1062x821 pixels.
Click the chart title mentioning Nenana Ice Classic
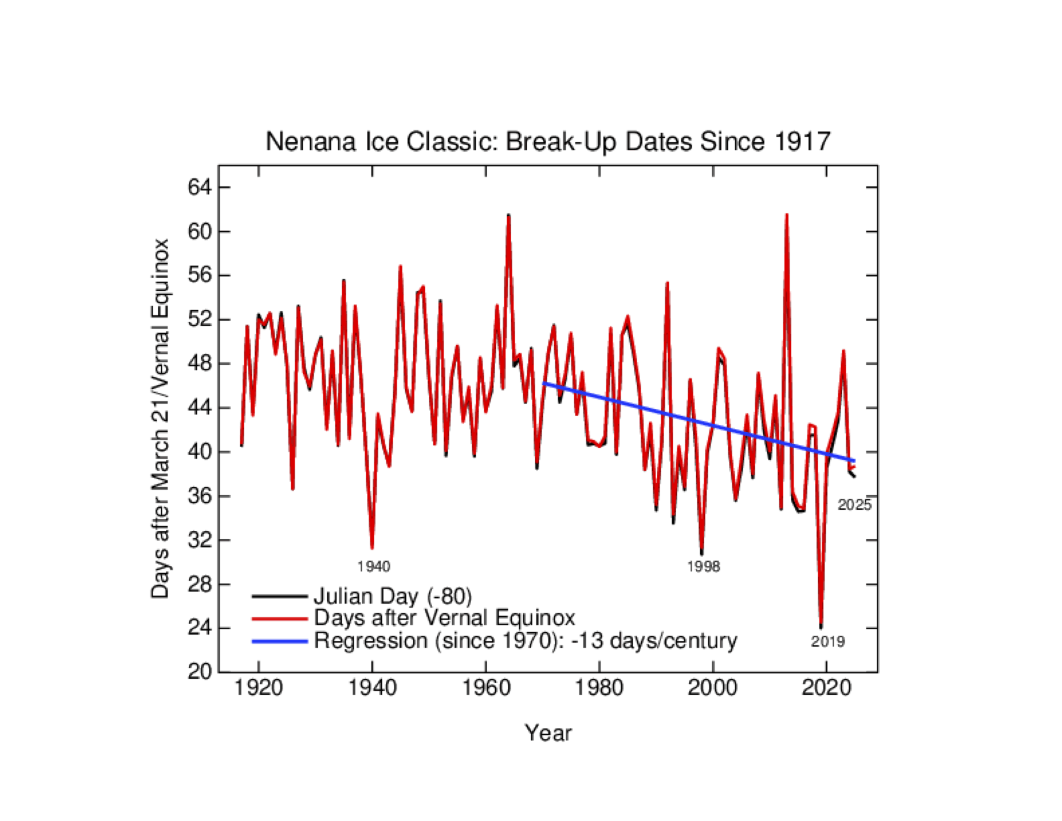pyautogui.click(x=548, y=142)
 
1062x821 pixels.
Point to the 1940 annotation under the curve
pyautogui.click(x=373, y=567)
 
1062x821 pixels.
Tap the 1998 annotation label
pyautogui.click(x=703, y=567)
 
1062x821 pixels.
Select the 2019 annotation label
pyautogui.click(x=828, y=642)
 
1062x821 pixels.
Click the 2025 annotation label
pyautogui.click(x=854, y=505)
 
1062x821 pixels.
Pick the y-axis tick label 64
pyautogui.click(x=200, y=187)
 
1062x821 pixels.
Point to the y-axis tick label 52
pyautogui.click(x=200, y=320)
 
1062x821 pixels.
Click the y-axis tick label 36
pyautogui.click(x=200, y=496)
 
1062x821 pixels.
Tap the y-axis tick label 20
pyautogui.click(x=200, y=672)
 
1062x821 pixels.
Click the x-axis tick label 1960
pyautogui.click(x=486, y=688)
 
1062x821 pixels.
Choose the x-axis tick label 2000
pyautogui.click(x=713, y=688)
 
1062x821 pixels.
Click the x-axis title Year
pyautogui.click(x=548, y=733)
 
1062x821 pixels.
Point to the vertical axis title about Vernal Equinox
pyautogui.click(x=160, y=418)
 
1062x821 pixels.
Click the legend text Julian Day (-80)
pyautogui.click(x=393, y=596)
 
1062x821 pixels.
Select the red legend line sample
pyautogui.click(x=280, y=618)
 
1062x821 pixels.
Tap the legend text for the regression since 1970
pyautogui.click(x=525, y=640)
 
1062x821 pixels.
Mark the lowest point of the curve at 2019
pyautogui.click(x=821, y=626)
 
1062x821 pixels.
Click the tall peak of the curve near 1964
pyautogui.click(x=508, y=215)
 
